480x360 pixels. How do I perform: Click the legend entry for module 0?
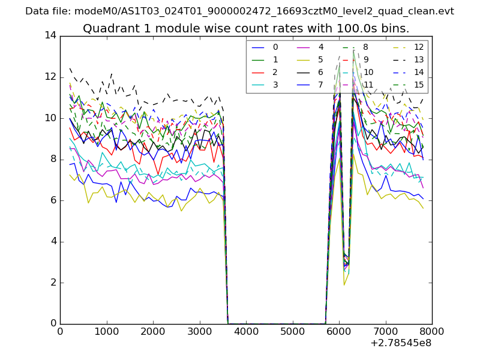275,47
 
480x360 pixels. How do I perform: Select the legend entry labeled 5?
321,60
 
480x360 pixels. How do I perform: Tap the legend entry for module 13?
419,60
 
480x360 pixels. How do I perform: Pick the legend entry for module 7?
321,85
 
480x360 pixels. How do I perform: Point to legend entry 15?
419,85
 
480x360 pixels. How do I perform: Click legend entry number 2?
275,72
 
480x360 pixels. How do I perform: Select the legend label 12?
419,47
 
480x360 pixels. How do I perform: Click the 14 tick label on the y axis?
50,36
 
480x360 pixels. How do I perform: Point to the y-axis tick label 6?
53,200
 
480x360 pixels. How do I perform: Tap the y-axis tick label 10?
50,118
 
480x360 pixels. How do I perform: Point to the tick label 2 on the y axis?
53,283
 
